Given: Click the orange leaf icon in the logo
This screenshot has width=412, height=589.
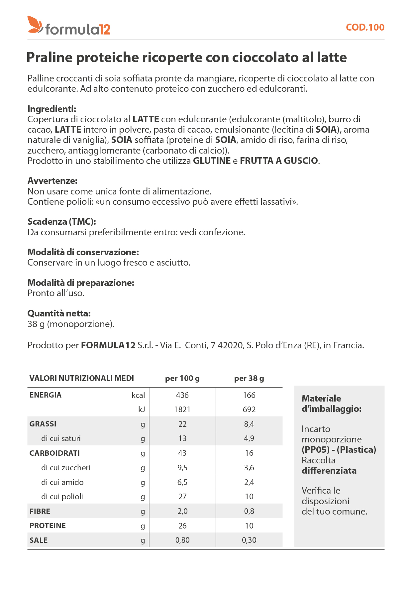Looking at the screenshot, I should [35, 25].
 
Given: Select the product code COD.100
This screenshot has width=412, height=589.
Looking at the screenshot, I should [365, 27].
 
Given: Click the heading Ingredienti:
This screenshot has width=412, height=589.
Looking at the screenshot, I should [52, 109].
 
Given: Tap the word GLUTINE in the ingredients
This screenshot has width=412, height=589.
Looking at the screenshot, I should [212, 161].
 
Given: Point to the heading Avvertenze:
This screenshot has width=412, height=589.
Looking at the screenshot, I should [52, 181].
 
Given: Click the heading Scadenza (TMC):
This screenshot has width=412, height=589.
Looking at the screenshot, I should [62, 222].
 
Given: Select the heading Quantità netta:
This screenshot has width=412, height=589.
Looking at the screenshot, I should [59, 313].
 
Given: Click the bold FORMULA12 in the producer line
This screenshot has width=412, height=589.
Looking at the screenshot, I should [108, 345].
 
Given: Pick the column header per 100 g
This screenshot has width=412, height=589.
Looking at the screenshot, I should [182, 378].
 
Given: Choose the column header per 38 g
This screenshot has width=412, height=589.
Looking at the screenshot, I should [249, 378].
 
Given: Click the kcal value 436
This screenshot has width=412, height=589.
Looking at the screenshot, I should [182, 395].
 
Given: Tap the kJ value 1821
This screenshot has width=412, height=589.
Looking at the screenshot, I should [182, 410].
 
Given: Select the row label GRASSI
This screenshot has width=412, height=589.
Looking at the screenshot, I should [43, 424].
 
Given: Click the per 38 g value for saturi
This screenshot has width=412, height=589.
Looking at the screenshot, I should [249, 438].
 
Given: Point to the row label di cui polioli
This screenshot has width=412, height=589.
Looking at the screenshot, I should [62, 497].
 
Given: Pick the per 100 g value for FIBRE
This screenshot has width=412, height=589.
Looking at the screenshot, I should [182, 511].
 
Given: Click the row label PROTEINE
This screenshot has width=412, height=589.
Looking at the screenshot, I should [48, 526].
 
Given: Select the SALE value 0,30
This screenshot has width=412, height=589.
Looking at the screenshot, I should [249, 540].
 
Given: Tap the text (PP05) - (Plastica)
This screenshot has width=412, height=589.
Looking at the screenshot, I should [339, 450].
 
